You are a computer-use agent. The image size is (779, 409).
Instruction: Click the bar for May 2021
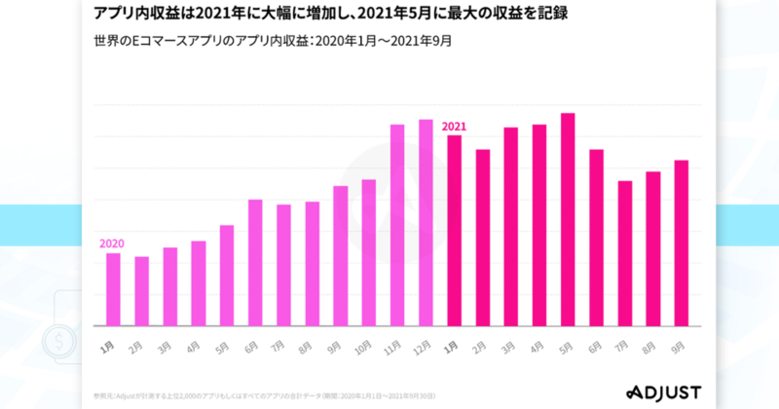point(568,220)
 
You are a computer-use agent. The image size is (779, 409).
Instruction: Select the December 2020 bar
point(426,223)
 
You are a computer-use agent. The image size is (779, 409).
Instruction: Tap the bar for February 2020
point(141,291)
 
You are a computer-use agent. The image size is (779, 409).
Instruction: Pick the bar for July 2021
point(625,253)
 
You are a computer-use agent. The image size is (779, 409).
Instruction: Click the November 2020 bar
point(397,225)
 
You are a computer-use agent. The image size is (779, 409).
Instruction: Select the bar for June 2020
point(255,263)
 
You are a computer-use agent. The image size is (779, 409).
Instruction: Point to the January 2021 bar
point(454,231)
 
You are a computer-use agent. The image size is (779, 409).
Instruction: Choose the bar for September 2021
point(682,243)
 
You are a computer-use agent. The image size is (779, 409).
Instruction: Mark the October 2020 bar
point(369,253)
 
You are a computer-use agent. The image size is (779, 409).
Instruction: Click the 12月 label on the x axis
point(423,345)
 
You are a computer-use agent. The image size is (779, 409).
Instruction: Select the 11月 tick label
point(394,345)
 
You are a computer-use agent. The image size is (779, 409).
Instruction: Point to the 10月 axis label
point(366,345)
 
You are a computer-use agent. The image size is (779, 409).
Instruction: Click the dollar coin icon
point(61,342)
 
